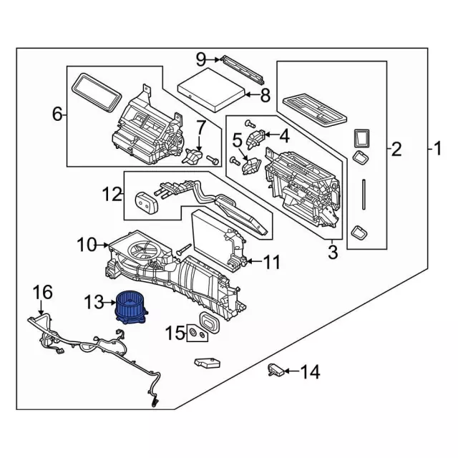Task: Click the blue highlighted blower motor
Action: pyautogui.click(x=131, y=306)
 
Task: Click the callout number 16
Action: pyautogui.click(x=43, y=292)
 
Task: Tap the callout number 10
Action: pyautogui.click(x=86, y=245)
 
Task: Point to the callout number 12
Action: pyautogui.click(x=112, y=194)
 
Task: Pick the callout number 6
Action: pyautogui.click(x=58, y=113)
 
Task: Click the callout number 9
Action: pyautogui.click(x=201, y=58)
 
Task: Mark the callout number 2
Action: pyautogui.click(x=396, y=150)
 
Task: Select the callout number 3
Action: pyautogui.click(x=332, y=251)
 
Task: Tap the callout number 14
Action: pyautogui.click(x=310, y=371)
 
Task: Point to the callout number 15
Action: pyautogui.click(x=175, y=333)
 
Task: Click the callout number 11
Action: pyautogui.click(x=271, y=263)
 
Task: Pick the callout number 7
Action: pyautogui.click(x=202, y=128)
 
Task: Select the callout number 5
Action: pyautogui.click(x=237, y=140)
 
